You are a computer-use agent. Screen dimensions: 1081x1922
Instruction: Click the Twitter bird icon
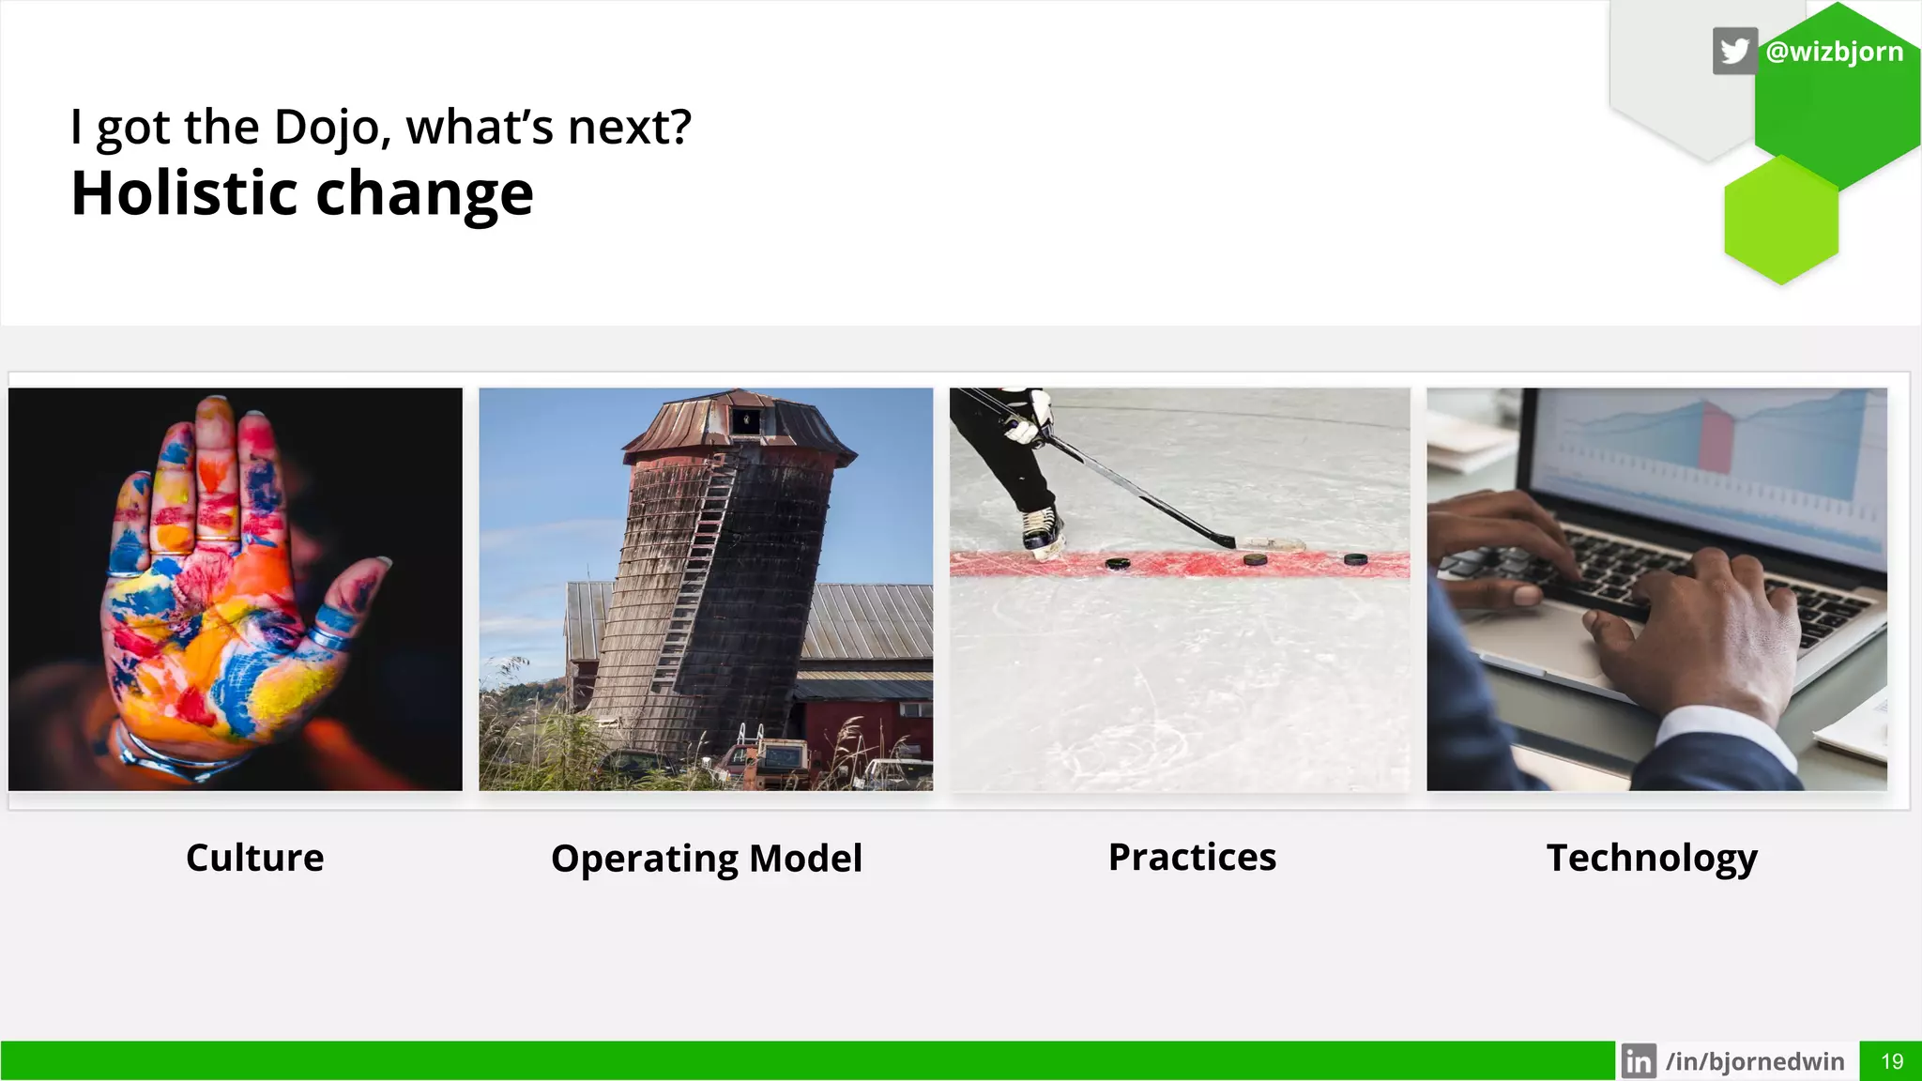click(1734, 51)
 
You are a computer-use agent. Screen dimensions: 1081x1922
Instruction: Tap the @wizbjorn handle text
click(1835, 51)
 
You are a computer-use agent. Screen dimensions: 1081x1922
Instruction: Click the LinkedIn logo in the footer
click(1639, 1061)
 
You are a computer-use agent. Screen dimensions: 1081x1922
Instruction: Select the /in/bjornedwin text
click(1755, 1061)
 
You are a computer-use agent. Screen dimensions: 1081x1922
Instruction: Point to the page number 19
click(1892, 1061)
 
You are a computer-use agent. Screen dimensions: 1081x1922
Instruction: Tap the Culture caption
click(254, 858)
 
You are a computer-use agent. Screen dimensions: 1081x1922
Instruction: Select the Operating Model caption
click(706, 859)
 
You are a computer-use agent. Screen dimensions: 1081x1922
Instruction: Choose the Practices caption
click(1192, 857)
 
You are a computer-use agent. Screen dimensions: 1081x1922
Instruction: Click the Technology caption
click(1652, 858)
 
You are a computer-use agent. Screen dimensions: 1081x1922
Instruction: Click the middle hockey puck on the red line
click(1255, 559)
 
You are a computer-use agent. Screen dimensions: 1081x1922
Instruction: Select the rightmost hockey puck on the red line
click(1355, 558)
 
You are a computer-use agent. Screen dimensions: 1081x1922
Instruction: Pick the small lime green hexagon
click(1780, 221)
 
